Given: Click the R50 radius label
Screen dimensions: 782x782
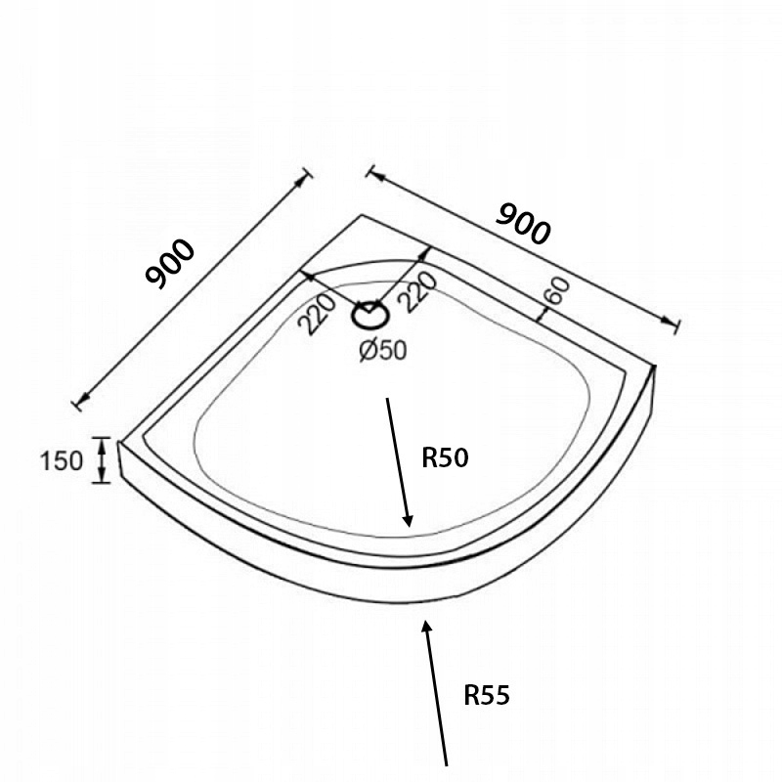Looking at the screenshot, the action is coord(446,458).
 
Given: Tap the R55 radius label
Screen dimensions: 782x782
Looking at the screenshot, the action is coord(487,696).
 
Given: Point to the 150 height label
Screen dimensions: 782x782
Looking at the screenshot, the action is coord(62,460).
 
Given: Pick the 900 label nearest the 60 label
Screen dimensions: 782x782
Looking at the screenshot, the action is coord(524,225).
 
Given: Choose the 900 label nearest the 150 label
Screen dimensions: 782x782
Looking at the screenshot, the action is coord(171,263).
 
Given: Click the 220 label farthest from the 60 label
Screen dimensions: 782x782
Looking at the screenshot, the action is coord(318,314).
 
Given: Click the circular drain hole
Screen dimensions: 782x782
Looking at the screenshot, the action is coord(370,315).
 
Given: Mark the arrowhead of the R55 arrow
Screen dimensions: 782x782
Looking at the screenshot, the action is coord(425,624).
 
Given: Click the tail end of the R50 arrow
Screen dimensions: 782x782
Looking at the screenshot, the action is coord(389,399).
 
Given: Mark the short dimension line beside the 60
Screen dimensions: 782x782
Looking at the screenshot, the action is coord(543,309).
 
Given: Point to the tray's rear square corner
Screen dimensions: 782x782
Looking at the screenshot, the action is coord(362,215).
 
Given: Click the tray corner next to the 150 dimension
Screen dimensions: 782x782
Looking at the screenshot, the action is coord(119,442).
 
